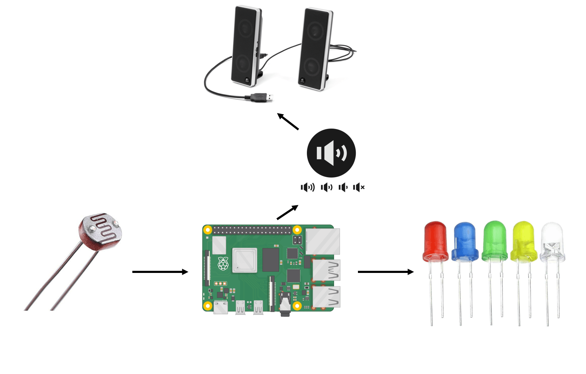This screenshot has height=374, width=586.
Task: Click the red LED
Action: pyautogui.click(x=435, y=243)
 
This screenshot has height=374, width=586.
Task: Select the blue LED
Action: pyautogui.click(x=465, y=243)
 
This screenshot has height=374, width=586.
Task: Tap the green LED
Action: pyautogui.click(x=494, y=243)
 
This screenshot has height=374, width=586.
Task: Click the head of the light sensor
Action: pyautogui.click(x=101, y=231)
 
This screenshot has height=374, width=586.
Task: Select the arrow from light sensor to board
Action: pyautogui.click(x=160, y=272)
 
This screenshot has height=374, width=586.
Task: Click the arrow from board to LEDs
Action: pyautogui.click(x=385, y=272)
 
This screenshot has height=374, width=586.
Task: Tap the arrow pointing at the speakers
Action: pyautogui.click(x=288, y=121)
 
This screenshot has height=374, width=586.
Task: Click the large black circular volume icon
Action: pyautogui.click(x=331, y=153)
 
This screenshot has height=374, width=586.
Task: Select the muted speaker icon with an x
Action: pyautogui.click(x=359, y=187)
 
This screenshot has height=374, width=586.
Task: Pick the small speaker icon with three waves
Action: pyautogui.click(x=307, y=187)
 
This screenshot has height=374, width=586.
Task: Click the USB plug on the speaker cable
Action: pyautogui.click(x=262, y=97)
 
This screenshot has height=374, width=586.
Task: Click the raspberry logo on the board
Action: pyautogui.click(x=223, y=264)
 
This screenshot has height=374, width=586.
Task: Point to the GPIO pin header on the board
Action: pyautogui.click(x=252, y=230)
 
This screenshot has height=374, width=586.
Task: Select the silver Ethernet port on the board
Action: pyautogui.click(x=323, y=242)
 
